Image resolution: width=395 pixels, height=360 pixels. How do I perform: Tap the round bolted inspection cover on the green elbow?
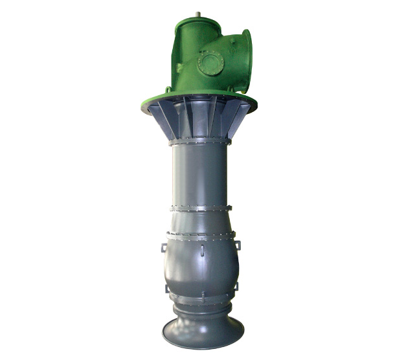[x=211, y=63]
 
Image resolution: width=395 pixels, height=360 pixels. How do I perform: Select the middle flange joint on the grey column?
[x=200, y=208]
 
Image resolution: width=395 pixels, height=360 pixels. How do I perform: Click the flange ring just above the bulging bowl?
[x=200, y=234]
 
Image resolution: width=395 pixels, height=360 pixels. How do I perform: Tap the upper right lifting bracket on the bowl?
[x=238, y=245]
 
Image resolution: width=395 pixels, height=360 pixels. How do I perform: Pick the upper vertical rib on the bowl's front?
[x=201, y=249]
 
